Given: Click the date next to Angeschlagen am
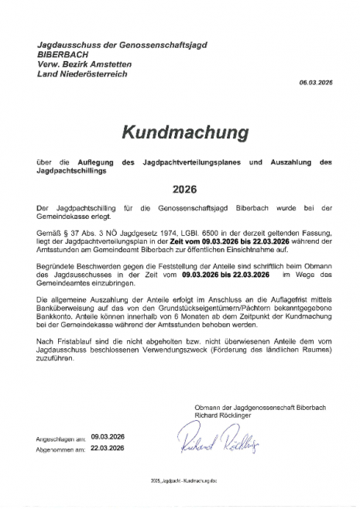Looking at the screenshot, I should (108, 436).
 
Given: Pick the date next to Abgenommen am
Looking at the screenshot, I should (108, 446).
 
